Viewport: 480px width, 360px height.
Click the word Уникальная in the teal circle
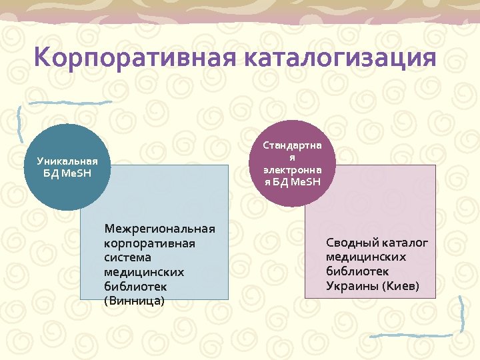click(67, 161)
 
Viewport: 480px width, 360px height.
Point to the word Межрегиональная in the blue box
click(159, 229)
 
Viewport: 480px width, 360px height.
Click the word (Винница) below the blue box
click(134, 301)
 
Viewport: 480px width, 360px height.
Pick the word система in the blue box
click(127, 257)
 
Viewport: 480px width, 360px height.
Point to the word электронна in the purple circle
click(291, 170)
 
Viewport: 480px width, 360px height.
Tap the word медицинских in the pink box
click(366, 257)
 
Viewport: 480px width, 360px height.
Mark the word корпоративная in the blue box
click(149, 243)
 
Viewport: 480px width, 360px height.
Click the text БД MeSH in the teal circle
click(67, 174)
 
